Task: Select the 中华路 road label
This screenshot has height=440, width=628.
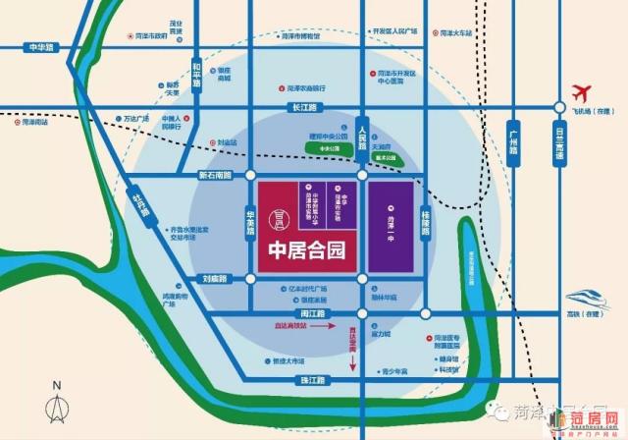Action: [42, 46]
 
